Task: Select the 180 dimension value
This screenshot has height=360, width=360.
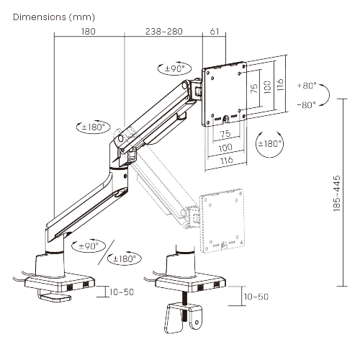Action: [89, 32]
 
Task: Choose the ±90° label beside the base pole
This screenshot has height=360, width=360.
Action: [88, 246]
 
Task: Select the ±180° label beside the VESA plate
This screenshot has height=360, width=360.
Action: [269, 143]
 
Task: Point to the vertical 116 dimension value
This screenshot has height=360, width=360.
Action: [282, 84]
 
